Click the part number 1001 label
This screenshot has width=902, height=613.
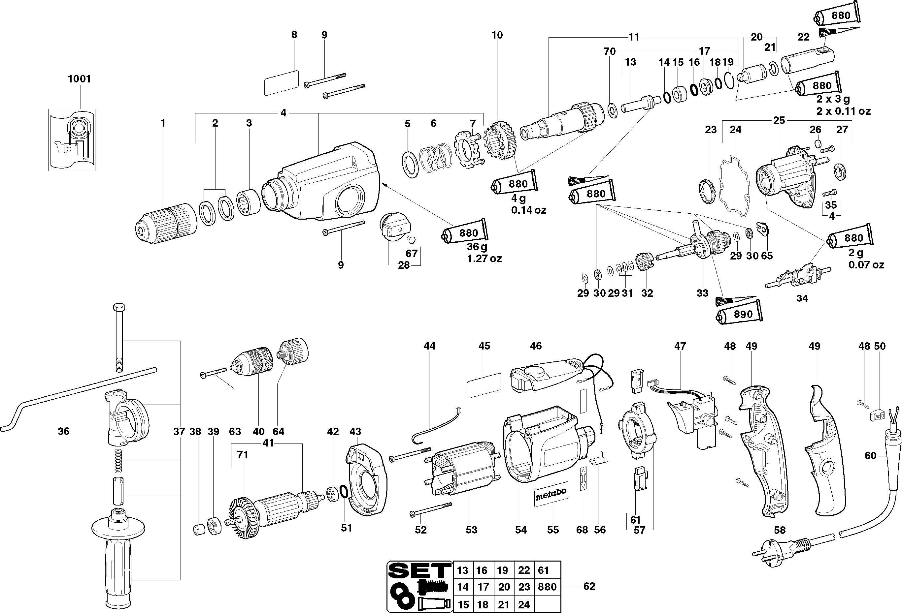point(79,79)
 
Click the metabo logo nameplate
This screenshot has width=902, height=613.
point(551,495)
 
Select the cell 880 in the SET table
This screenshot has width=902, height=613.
point(547,587)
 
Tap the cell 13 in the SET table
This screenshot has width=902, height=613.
point(463,570)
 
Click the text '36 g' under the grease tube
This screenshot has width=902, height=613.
point(477,247)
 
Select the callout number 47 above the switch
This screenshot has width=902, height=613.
point(680,346)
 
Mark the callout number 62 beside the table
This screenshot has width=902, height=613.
point(589,586)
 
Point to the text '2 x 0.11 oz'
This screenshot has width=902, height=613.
point(843,111)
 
